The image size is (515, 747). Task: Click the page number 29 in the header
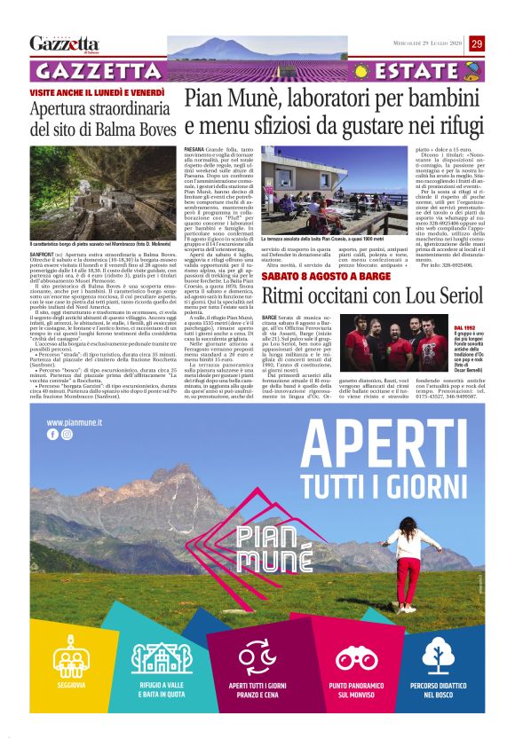pyautogui.click(x=477, y=44)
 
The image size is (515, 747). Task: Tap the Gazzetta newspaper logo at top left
pyautogui.click(x=64, y=43)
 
